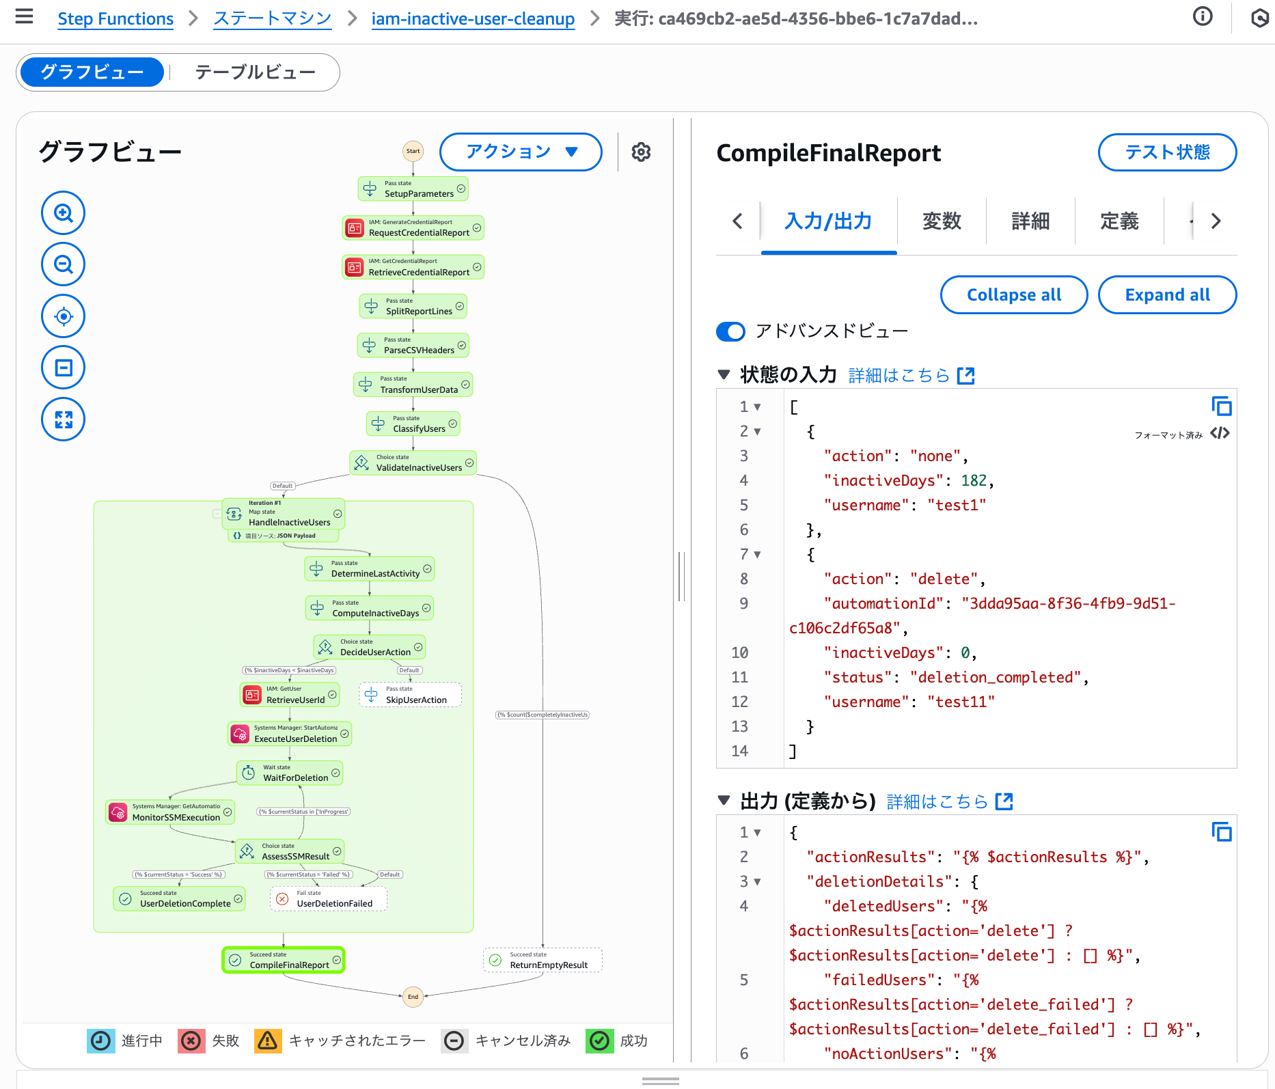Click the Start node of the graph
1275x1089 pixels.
[x=413, y=151]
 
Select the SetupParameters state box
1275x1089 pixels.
[x=413, y=189]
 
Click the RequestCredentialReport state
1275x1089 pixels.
[x=413, y=228]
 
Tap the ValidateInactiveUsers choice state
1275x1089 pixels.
[x=413, y=463]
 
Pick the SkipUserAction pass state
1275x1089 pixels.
[x=410, y=695]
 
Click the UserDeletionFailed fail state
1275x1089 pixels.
[x=329, y=899]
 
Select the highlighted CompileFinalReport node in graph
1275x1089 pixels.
[x=284, y=960]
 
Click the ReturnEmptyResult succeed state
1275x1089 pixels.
[x=543, y=960]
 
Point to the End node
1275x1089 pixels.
[x=413, y=997]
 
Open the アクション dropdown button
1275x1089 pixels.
[x=521, y=152]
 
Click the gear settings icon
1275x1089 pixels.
[x=641, y=152]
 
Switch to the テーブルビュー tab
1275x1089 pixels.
[x=255, y=72]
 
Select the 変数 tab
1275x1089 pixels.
[x=942, y=221]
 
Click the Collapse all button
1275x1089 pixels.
[x=1013, y=295]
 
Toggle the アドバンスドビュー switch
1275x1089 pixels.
[x=730, y=331]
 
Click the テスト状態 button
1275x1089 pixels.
[x=1167, y=152]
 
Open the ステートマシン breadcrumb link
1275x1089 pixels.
[x=272, y=19]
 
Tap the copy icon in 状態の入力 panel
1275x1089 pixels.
[x=1221, y=406]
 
